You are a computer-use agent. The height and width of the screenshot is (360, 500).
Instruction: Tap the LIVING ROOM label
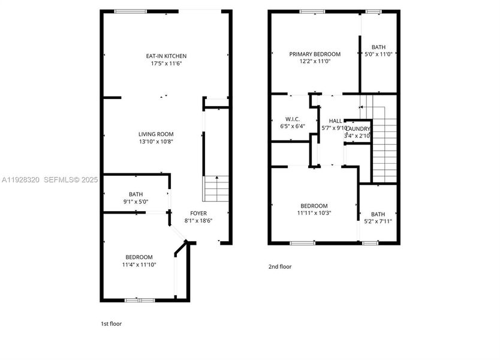[x=156, y=134]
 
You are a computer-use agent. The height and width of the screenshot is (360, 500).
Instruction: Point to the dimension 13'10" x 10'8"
[x=156, y=142]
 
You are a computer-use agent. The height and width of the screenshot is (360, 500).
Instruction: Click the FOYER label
[x=198, y=213]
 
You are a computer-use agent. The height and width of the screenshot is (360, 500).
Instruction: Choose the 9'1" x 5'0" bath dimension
[x=135, y=201]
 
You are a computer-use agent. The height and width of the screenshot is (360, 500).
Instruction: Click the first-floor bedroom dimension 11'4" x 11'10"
[x=138, y=264]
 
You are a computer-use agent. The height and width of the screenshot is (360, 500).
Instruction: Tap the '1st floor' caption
[x=111, y=324]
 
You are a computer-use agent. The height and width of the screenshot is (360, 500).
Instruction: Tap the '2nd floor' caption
[x=279, y=267]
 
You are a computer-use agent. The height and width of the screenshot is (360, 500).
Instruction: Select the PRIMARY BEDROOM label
[x=315, y=54]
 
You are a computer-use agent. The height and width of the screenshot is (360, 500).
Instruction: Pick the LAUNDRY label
[x=359, y=129]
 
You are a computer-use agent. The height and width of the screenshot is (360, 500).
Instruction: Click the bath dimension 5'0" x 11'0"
[x=378, y=54]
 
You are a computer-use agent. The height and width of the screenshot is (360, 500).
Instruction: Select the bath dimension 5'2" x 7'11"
[x=378, y=221]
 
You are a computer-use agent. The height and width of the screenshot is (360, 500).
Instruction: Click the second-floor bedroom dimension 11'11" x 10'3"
[x=314, y=212]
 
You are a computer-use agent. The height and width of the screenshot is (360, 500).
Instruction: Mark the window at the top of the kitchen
[x=130, y=11]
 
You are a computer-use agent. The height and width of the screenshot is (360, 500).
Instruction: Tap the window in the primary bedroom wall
[x=309, y=11]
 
